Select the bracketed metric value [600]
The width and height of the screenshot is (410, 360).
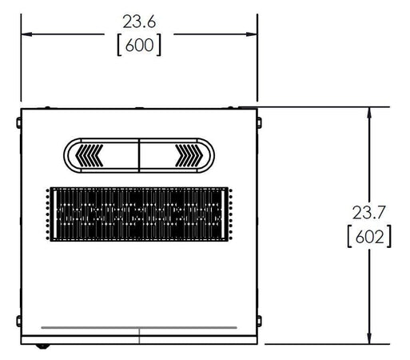click(138, 46)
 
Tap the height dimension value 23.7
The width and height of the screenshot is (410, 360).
click(368, 213)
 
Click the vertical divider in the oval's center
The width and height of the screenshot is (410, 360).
click(139, 154)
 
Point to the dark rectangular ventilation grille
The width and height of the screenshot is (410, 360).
click(139, 215)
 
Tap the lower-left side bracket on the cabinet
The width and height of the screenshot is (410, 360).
click(18, 322)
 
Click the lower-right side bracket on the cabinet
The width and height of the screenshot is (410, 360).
click(259, 322)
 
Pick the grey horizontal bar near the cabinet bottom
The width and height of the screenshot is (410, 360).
click(139, 328)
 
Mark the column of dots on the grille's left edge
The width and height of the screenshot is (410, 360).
click(49, 215)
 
